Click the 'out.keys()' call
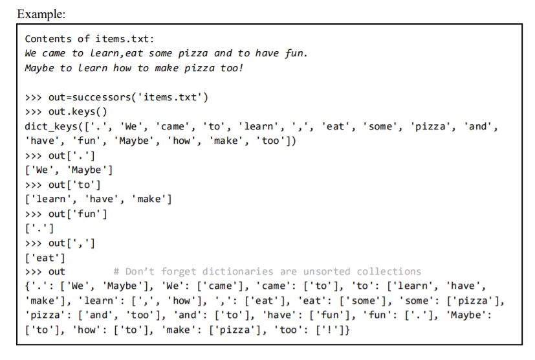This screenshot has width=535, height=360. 77,111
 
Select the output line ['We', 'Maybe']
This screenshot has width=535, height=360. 69,170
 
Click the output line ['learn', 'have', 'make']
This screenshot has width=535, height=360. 98,199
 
